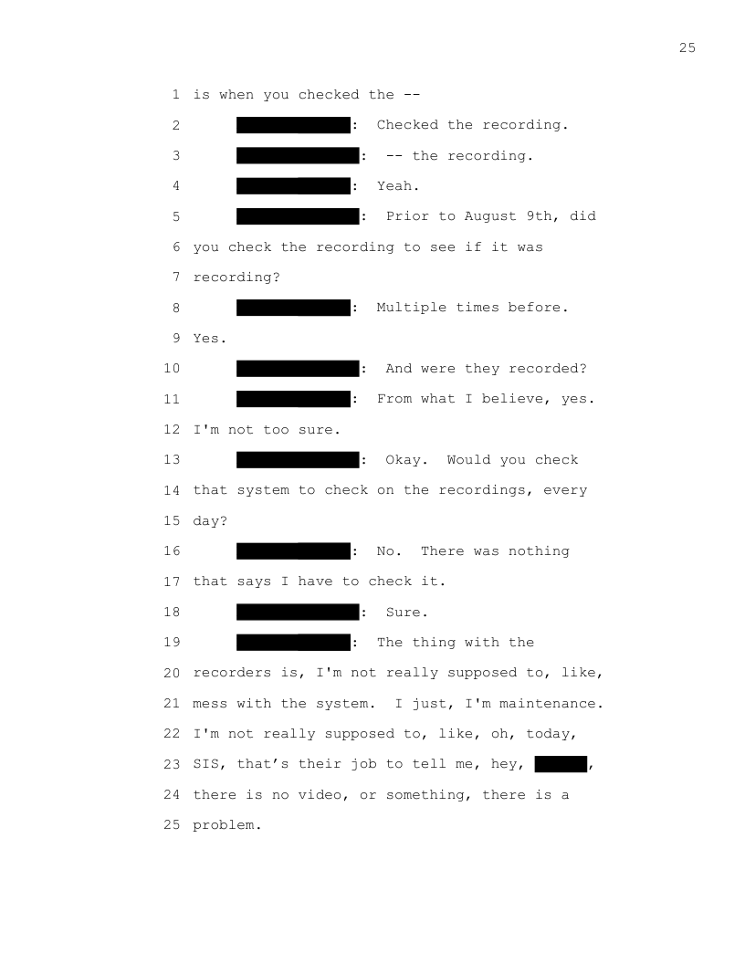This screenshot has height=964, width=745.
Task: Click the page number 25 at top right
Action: click(687, 48)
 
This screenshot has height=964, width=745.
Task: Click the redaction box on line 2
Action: click(293, 125)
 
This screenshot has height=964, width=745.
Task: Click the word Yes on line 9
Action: click(206, 338)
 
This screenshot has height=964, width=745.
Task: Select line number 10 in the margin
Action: click(172, 369)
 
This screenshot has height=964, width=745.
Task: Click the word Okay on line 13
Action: click(404, 460)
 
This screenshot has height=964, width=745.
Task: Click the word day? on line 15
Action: click(210, 521)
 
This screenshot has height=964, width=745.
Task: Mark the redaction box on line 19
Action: click(293, 643)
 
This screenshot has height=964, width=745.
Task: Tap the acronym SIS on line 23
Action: click(206, 764)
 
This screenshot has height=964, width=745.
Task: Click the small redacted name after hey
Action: click(561, 764)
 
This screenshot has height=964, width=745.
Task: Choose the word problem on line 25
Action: click(224, 825)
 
